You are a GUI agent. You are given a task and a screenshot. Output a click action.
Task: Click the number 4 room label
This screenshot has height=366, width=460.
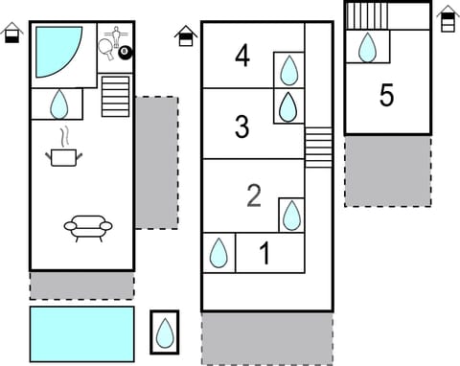pos(242,56)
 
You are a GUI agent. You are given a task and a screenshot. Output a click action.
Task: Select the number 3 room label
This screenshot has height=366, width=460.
pos(242,126)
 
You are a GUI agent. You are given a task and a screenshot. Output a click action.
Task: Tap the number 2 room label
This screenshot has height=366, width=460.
pos(254,195)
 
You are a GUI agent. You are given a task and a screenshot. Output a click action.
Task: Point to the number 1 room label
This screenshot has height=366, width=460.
pos(265,254)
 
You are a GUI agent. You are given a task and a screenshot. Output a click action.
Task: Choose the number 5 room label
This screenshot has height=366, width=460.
pos(387,96)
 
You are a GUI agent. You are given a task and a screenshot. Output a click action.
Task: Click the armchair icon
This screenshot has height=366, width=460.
pos(88,227)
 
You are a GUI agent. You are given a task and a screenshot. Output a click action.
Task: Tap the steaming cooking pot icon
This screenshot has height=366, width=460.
pos(64,150)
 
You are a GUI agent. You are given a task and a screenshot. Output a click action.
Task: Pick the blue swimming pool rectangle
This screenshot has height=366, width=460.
pos(81,333)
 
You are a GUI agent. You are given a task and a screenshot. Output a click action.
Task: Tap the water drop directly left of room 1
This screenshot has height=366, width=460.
pos(219,254)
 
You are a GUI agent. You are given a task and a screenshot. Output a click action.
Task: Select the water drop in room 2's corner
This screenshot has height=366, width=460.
pos(291,215)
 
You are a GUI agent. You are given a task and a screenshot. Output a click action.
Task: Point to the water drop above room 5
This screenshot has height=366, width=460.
pos(367,47)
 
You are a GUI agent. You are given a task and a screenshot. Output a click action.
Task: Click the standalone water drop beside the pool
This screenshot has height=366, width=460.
pos(165,333)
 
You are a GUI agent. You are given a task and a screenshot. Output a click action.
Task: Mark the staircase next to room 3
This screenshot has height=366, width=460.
pos(318,148)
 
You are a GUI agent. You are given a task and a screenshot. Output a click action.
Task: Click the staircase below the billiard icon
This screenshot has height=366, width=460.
pos(115,96)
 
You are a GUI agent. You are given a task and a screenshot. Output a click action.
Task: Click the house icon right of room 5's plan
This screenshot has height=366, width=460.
pos(447,18)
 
